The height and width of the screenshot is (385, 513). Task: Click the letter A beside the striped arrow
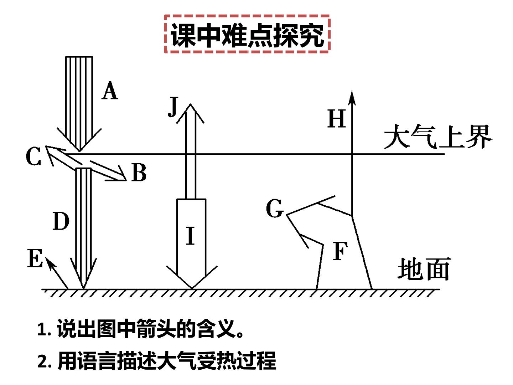110,90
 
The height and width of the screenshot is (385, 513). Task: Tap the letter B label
139,172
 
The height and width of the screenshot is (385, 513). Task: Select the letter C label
33,156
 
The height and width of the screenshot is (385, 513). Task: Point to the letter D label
61,221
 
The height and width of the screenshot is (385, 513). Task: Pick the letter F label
340,251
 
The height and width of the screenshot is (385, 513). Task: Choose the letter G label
275,208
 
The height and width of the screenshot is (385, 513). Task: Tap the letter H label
337,118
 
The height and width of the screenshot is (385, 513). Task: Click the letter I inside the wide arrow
191,236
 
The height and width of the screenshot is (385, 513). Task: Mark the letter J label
173,107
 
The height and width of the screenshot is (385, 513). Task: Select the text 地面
424,269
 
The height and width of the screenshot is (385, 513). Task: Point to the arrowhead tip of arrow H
352,91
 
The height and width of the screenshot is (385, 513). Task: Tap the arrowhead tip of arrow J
191,104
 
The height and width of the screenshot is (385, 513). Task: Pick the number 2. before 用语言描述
45,361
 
